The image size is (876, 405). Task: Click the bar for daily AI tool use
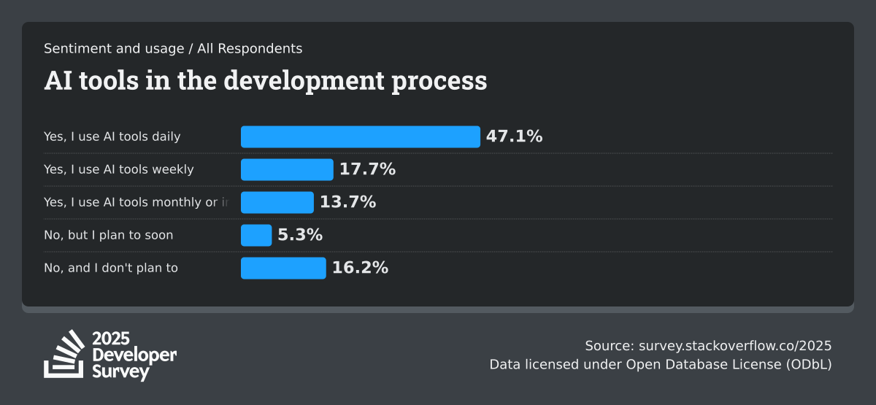click(x=361, y=136)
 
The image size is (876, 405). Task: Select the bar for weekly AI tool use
click(x=287, y=169)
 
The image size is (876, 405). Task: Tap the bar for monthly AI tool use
click(x=277, y=202)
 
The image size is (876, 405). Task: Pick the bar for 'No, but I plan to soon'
click(x=256, y=235)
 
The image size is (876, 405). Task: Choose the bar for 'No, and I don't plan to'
click(x=283, y=268)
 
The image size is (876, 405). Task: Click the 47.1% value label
click(x=514, y=136)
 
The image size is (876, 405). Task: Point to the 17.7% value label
click(x=367, y=169)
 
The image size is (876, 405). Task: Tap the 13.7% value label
click(x=347, y=202)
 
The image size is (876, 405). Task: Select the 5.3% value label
click(x=300, y=235)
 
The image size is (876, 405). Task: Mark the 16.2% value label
click(x=360, y=268)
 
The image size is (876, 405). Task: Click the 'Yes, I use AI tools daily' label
click(x=112, y=136)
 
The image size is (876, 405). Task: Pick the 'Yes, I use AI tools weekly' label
click(x=119, y=169)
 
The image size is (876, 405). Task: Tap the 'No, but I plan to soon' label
click(x=108, y=235)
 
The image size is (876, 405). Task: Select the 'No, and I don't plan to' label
click(x=111, y=268)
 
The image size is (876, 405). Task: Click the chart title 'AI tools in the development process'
click(x=265, y=80)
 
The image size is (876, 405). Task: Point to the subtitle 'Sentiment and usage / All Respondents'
click(x=173, y=49)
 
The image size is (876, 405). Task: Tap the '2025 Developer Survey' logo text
click(x=134, y=355)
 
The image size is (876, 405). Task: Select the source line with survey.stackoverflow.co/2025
click(x=708, y=346)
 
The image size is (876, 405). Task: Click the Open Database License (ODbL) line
click(x=660, y=364)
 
